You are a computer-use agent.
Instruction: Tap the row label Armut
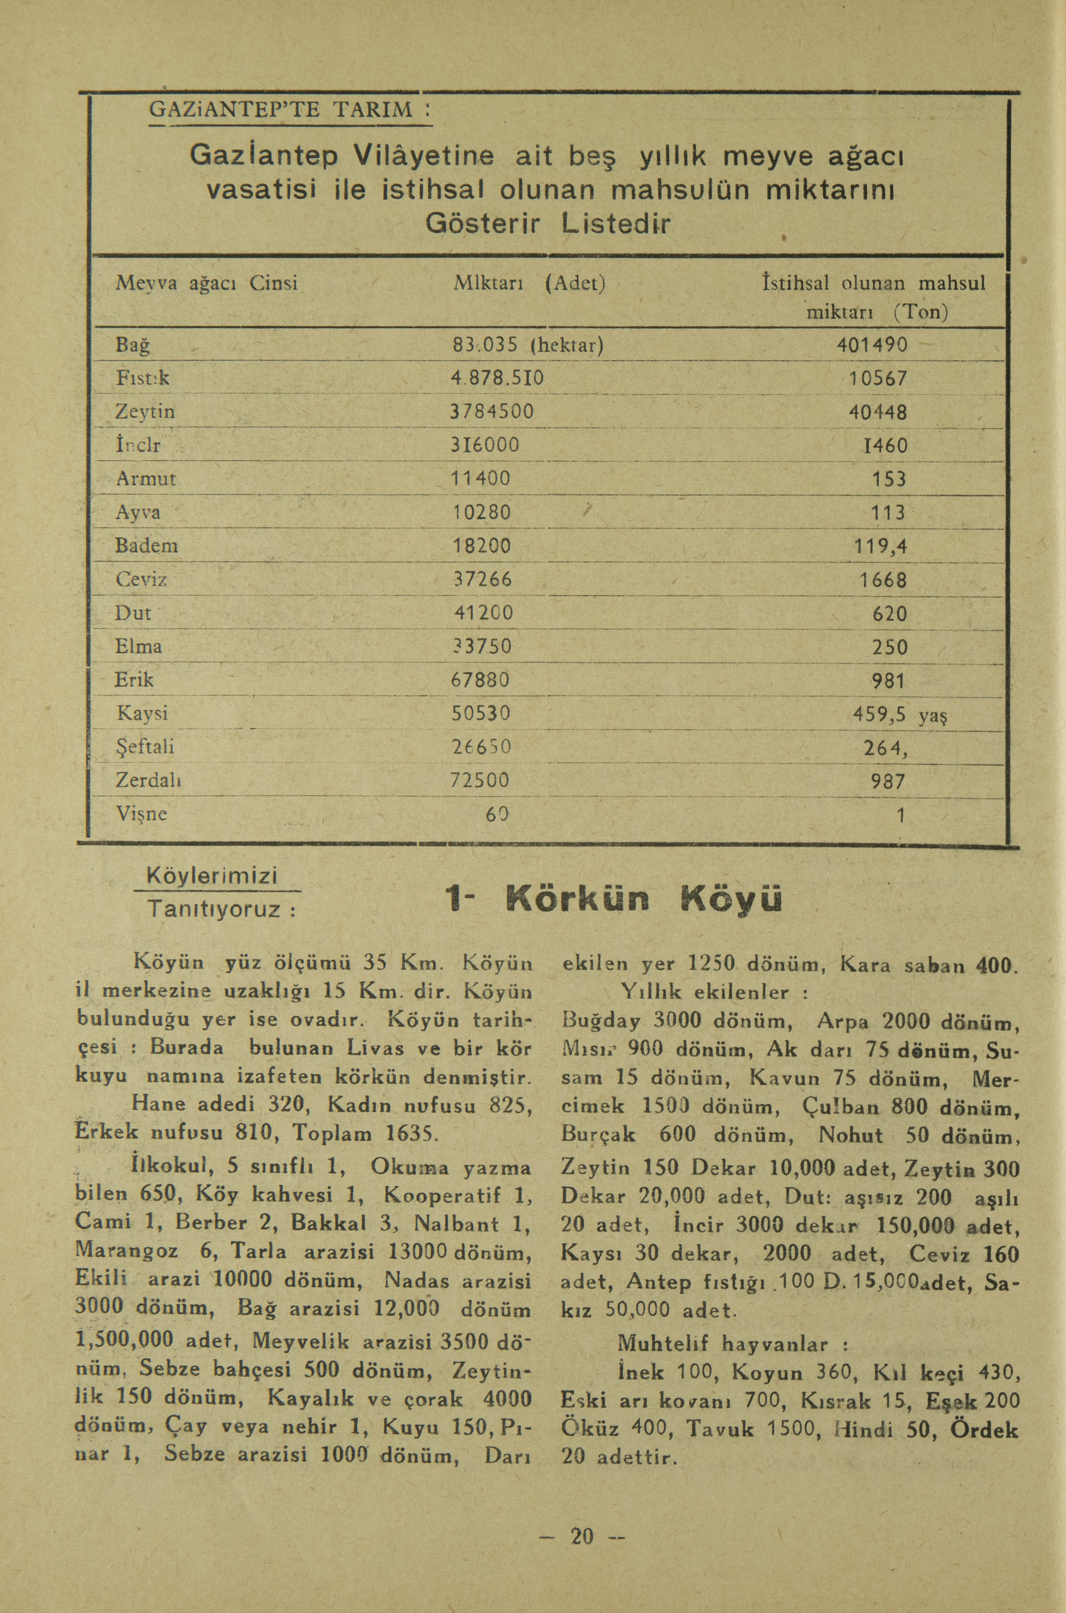coord(146,479)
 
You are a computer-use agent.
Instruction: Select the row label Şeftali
coord(145,747)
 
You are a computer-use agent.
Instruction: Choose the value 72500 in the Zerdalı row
coord(480,780)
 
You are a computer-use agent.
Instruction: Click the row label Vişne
coord(141,814)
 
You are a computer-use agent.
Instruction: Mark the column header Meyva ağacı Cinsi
coord(207,283)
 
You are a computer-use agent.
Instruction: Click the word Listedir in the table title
coord(615,224)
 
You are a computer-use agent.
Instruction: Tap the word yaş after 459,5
coord(933,715)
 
